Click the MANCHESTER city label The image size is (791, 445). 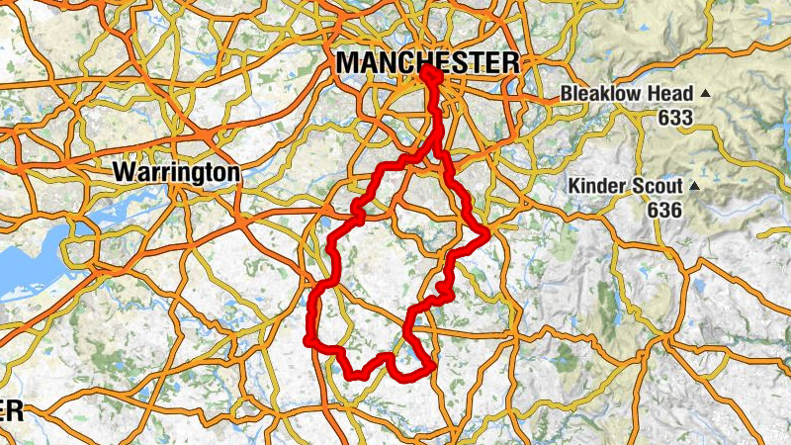tap(426, 62)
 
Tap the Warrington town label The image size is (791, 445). tap(176, 172)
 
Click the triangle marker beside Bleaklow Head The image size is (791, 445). tap(705, 93)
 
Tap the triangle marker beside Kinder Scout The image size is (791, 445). tap(694, 185)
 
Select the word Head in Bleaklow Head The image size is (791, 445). tap(672, 94)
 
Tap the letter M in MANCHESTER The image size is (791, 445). tap(347, 62)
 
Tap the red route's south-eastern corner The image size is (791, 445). tap(431, 370)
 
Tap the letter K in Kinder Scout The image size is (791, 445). tap(574, 186)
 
